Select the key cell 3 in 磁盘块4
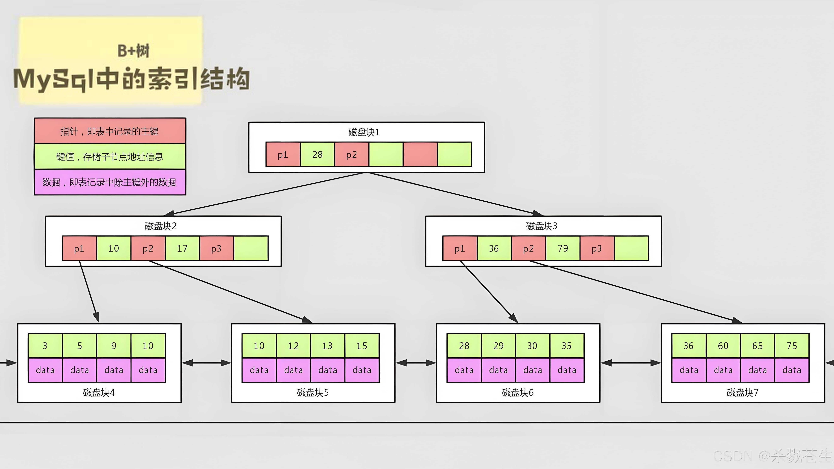coord(45,346)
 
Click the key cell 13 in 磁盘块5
coord(327,346)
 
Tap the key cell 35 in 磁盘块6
coord(567,346)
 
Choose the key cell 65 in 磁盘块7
coord(757,346)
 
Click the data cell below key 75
coord(792,370)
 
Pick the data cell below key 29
coord(498,370)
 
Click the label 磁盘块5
coord(313,393)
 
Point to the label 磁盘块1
coord(364,132)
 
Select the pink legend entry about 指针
coord(110,131)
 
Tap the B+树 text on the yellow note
coord(133,51)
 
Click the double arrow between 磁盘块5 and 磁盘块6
coord(416,363)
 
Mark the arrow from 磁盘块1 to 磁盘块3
coord(453,193)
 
